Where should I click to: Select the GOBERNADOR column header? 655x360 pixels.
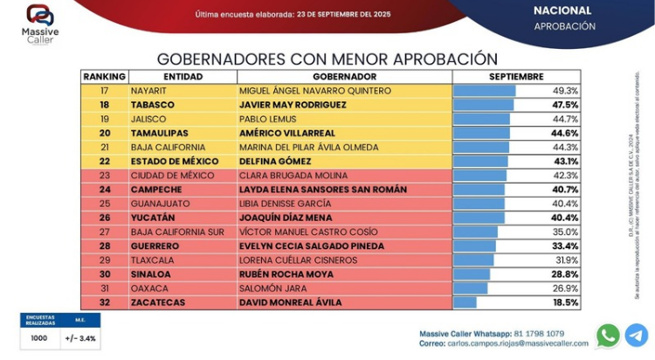click(x=344, y=77)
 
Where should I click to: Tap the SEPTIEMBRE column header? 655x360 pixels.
click(x=516, y=77)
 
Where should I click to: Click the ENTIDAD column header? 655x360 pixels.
click(x=183, y=77)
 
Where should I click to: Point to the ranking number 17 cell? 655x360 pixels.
click(x=105, y=91)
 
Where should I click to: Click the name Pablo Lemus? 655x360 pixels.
click(x=263, y=119)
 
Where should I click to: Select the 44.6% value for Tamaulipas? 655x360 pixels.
click(x=564, y=133)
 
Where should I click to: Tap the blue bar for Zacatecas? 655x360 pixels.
click(x=465, y=302)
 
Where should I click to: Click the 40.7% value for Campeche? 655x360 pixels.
click(x=564, y=190)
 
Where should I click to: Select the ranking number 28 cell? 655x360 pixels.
click(x=105, y=246)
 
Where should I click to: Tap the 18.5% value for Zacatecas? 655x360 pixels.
click(x=564, y=302)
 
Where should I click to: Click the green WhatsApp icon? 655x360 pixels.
click(x=608, y=336)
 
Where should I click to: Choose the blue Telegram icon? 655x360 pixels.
click(x=637, y=336)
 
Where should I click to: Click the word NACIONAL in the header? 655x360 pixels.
click(x=562, y=10)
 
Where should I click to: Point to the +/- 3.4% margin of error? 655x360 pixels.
click(x=79, y=337)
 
